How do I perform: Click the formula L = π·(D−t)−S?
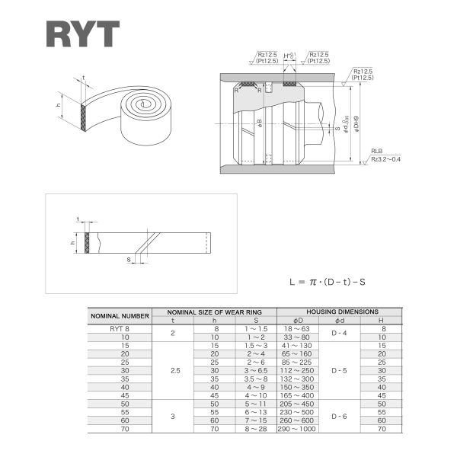[328, 281]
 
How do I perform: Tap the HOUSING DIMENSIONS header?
[342, 312]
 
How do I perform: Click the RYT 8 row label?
[120, 328]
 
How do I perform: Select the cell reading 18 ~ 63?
[296, 328]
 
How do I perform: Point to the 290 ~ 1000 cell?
[296, 429]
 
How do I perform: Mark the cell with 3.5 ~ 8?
[256, 379]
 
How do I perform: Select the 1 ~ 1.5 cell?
[256, 328]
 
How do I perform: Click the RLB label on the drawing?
[377, 152]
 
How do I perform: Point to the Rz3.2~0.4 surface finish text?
[386, 158]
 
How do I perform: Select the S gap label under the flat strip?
[129, 259]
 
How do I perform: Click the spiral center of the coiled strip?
[143, 104]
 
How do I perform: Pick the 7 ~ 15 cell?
[256, 420]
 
